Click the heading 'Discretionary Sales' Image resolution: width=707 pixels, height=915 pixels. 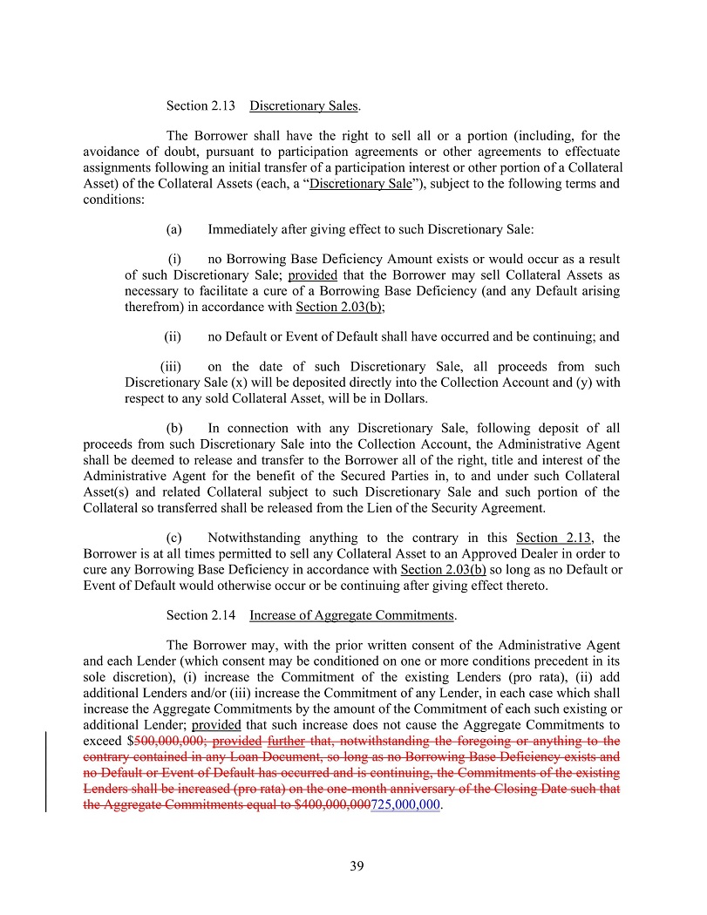[x=303, y=106]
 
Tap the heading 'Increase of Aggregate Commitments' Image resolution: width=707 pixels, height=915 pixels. [x=351, y=615]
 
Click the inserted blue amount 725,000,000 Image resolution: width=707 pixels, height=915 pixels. [x=406, y=805]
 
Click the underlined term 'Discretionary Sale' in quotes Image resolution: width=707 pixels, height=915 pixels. [x=361, y=184]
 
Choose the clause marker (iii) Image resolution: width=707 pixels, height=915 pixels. [x=171, y=367]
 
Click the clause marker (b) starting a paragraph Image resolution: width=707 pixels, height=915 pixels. [x=173, y=428]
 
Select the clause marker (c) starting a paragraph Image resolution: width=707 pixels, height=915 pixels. [x=173, y=538]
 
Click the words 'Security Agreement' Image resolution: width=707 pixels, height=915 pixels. [x=491, y=508]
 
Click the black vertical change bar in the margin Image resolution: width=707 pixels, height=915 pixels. [x=46, y=772]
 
